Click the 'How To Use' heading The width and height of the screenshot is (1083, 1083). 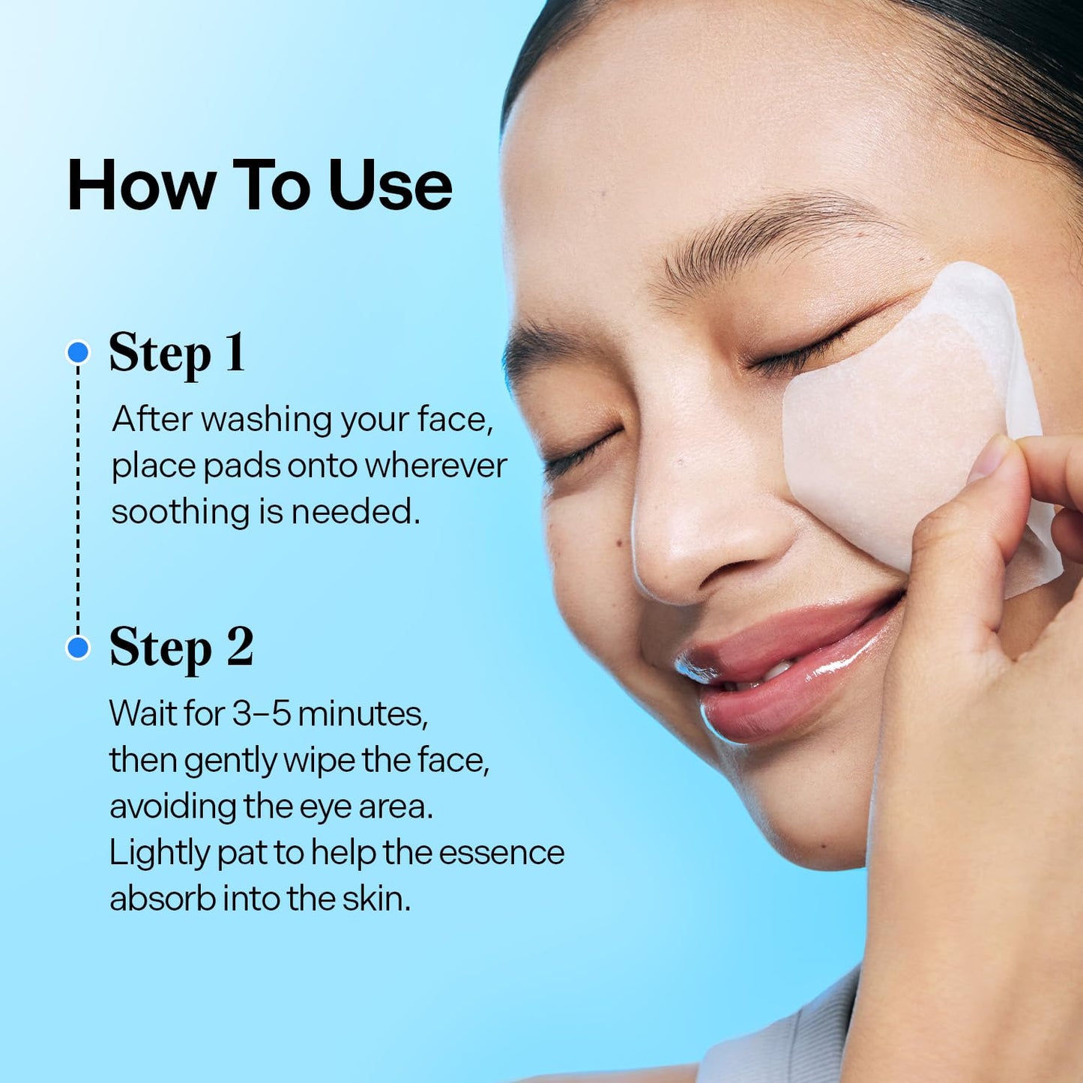coord(259,185)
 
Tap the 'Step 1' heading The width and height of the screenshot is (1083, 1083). coord(177,352)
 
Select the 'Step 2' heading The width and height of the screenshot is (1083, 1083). coord(181,647)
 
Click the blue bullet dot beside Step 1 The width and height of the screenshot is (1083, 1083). coord(78,352)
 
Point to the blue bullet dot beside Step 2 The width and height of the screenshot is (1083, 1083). coord(78,647)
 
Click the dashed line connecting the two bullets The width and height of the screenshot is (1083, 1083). coord(78,498)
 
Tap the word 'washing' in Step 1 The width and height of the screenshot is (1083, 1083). coord(266,419)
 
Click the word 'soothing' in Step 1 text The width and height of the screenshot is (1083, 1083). coord(181,512)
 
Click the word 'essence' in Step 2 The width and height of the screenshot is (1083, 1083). coord(501,852)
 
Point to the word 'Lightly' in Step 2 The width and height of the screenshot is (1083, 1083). coord(158,853)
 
